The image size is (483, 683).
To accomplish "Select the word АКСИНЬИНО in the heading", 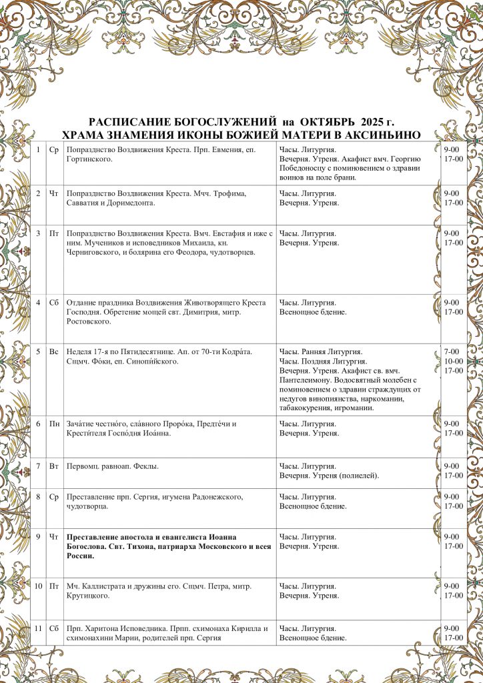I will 386,135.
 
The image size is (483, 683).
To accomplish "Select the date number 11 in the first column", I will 39,628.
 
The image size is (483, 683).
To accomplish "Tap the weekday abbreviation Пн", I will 54,424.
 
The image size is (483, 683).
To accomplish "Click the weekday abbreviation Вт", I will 54,466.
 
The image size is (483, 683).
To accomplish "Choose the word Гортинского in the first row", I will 89,159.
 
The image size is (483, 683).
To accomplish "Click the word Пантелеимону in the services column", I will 304,380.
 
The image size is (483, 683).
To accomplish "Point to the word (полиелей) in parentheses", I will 359,476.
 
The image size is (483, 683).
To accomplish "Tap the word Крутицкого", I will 88,596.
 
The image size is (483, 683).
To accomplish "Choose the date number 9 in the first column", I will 39,537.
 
